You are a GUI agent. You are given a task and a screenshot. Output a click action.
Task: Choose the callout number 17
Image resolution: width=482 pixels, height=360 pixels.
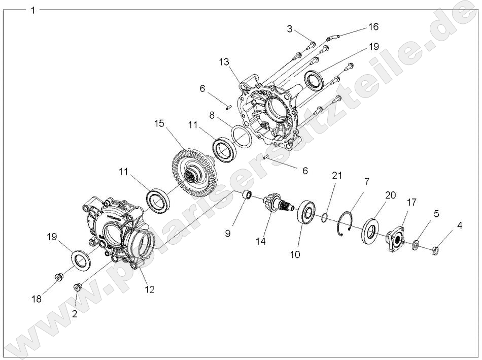411,202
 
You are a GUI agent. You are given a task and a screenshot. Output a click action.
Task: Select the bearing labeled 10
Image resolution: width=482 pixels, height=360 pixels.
306,212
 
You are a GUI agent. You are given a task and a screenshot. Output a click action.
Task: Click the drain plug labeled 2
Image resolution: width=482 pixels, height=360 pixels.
78,288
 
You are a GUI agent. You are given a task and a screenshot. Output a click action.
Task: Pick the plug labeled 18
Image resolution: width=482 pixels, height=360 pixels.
59,277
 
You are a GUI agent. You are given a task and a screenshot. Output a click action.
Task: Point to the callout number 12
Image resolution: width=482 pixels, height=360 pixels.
149,289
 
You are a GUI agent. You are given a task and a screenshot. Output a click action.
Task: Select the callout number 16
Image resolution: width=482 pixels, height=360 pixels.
373,26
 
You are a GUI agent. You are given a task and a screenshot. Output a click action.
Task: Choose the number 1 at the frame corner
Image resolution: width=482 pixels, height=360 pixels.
33,10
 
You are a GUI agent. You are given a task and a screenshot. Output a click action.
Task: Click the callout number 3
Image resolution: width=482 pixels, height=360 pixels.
290,29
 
